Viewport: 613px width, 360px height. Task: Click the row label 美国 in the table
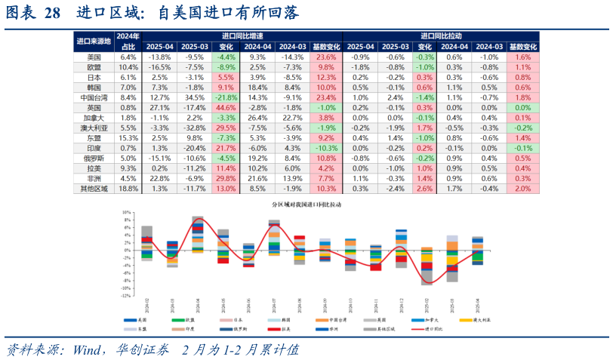94,57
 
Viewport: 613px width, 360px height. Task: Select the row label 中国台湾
94,98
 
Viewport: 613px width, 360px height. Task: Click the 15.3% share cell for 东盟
128,139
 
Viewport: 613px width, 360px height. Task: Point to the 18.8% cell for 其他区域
128,189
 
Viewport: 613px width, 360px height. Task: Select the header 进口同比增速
242,36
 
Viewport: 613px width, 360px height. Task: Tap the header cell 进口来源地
94,41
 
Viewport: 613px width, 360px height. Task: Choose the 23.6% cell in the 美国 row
325,57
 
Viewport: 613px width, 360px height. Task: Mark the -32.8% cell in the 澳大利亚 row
193,128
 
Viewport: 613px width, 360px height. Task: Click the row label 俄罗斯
94,158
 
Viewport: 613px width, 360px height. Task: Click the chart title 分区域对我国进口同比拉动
306,205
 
